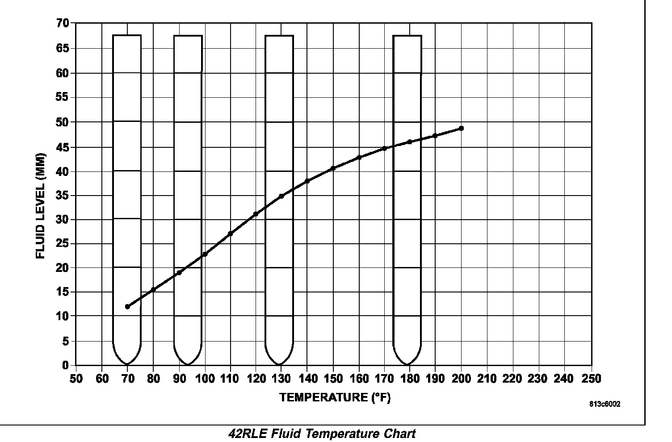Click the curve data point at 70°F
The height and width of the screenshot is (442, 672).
point(127,307)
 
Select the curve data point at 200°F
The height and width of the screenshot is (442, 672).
point(461,129)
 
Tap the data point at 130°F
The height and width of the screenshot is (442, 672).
point(281,196)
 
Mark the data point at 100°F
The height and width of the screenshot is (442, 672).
point(205,254)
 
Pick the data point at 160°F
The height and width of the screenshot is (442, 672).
point(359,158)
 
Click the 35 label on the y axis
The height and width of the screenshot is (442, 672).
point(63,196)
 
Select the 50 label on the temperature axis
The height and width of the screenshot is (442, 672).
point(76,379)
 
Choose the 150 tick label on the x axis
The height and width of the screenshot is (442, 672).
point(333,379)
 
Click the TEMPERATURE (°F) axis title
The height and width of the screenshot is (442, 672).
point(335,397)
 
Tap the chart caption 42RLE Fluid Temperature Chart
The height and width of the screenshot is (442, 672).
point(322,434)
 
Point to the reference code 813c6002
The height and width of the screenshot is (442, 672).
point(605,404)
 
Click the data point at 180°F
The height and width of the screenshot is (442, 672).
point(409,142)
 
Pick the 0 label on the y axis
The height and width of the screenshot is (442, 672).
point(66,365)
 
